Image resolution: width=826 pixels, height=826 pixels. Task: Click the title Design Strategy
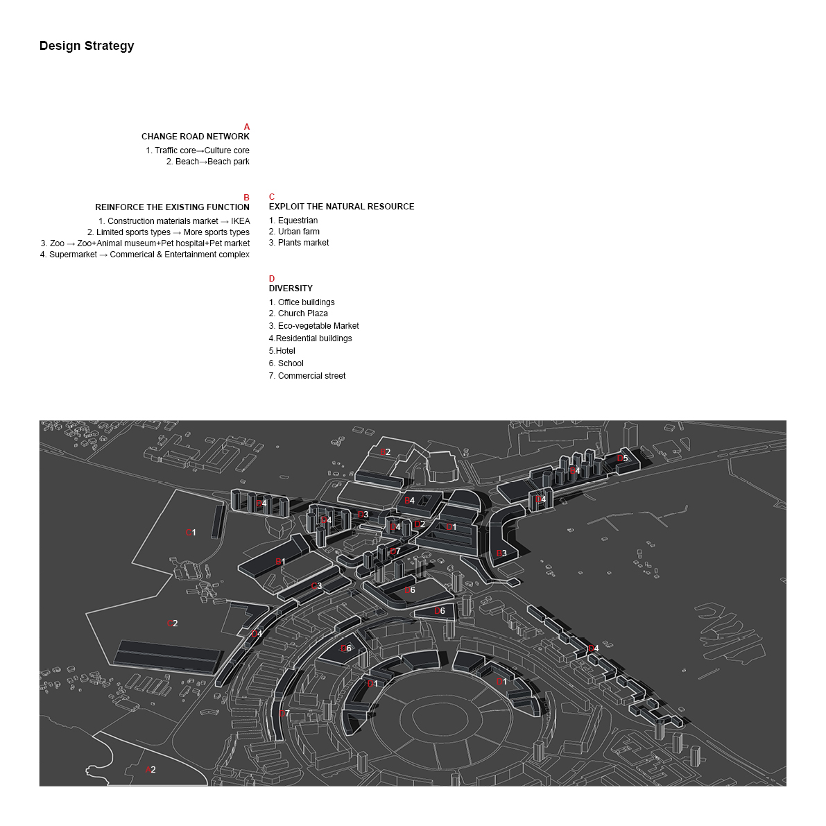click(x=87, y=46)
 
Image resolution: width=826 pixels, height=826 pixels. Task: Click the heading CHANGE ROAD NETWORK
click(x=195, y=137)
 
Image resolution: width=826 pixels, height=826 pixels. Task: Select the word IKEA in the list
click(x=240, y=221)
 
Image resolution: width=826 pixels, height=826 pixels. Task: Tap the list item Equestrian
click(x=298, y=221)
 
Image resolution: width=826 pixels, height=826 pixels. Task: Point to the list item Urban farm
click(x=298, y=232)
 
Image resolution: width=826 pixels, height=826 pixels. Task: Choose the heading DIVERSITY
click(x=291, y=289)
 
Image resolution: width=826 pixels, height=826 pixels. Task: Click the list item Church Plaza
click(x=302, y=313)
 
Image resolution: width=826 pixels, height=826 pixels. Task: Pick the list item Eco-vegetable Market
click(x=318, y=326)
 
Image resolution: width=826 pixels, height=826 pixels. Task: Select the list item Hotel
click(x=285, y=351)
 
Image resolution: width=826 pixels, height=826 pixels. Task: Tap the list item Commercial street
click(x=311, y=376)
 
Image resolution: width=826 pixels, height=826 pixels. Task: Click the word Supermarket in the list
click(x=73, y=255)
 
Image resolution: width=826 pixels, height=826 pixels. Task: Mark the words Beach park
click(x=228, y=162)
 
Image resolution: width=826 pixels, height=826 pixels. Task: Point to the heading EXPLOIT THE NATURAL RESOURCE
click(x=341, y=207)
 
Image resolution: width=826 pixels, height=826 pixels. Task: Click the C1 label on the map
click(x=191, y=533)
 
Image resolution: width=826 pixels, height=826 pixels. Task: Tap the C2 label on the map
click(x=173, y=623)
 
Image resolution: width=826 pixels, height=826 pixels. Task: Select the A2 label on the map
click(x=150, y=770)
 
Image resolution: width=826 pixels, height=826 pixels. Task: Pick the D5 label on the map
click(x=623, y=458)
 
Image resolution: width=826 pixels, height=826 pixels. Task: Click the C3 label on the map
click(x=316, y=586)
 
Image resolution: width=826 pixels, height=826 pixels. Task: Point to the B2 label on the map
click(x=386, y=452)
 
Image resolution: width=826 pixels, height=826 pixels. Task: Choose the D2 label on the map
click(x=419, y=524)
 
